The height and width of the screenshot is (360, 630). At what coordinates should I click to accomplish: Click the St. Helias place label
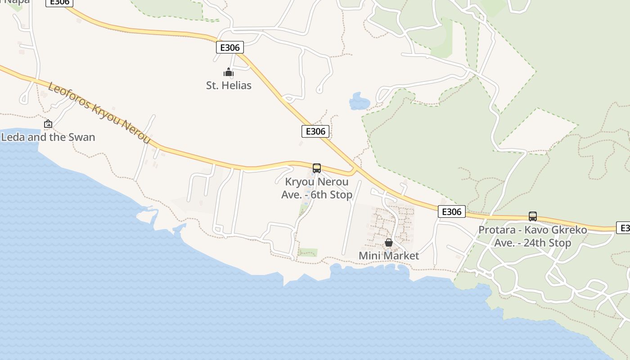[229, 85]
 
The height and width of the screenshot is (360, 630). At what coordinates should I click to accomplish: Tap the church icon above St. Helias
[229, 72]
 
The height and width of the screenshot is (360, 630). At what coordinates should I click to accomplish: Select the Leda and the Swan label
[48, 137]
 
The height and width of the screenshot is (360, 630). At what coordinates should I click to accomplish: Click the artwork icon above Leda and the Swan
[48, 124]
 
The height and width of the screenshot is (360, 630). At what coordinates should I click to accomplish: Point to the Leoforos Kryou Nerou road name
[99, 113]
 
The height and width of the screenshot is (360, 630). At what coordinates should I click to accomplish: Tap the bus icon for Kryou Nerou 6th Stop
[317, 168]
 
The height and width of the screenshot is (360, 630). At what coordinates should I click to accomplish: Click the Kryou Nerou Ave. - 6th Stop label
[317, 188]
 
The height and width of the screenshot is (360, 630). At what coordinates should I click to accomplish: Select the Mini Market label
[389, 256]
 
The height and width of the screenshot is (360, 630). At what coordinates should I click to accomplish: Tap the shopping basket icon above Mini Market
[389, 243]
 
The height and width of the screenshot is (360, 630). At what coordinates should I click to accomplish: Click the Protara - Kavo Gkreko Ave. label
[533, 236]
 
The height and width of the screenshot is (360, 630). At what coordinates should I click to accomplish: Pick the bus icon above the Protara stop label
[533, 216]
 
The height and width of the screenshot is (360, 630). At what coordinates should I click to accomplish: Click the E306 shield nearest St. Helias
[230, 47]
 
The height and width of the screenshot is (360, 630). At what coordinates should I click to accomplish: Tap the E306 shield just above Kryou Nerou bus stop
[315, 131]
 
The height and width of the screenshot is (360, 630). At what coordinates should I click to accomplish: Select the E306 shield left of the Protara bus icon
[451, 211]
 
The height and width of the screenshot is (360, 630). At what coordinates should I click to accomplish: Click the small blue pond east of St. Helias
[359, 102]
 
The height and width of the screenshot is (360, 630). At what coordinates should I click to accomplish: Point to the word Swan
[82, 137]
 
